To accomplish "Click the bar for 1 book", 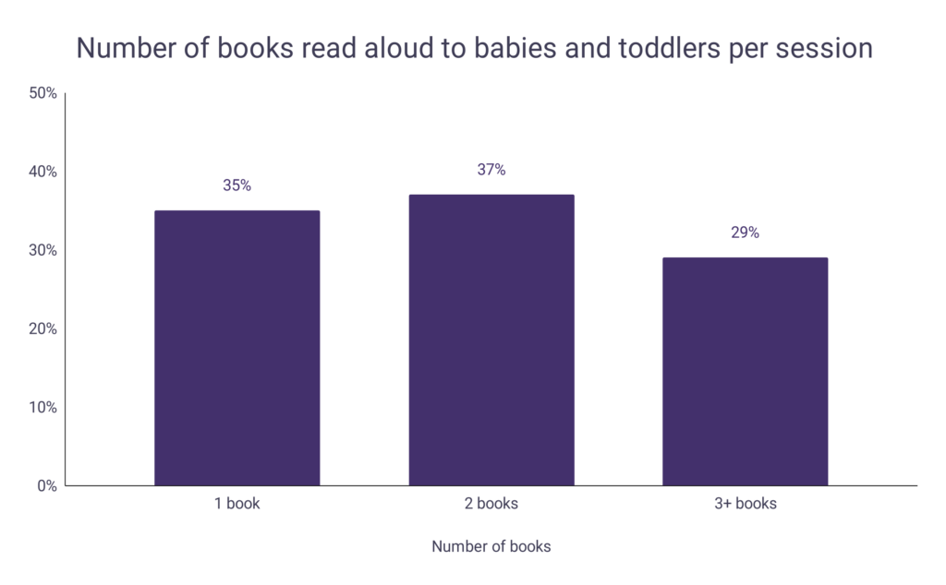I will click(236, 348).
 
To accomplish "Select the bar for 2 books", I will click(491, 340).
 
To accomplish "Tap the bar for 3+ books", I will click(745, 371).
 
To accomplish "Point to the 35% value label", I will click(236, 185).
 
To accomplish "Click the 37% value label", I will click(491, 170).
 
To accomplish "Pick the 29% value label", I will click(745, 233).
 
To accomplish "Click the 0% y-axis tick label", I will click(47, 485).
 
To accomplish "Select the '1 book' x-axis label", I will click(236, 504).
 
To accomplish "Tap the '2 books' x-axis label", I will click(491, 504).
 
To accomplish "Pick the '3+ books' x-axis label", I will click(745, 504).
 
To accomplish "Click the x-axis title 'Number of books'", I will click(491, 546).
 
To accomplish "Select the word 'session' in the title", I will click(825, 48).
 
